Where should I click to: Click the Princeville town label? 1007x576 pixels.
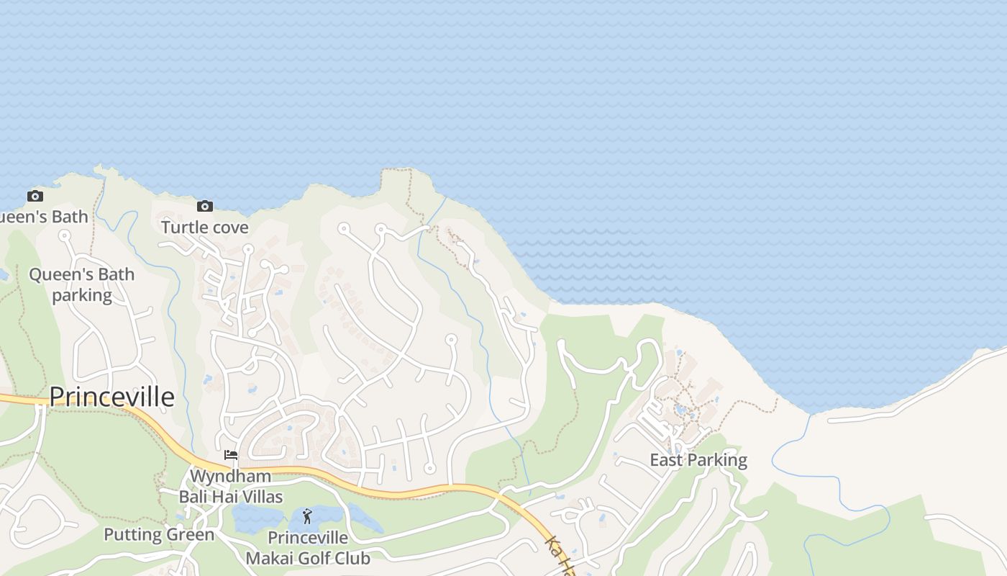click(x=111, y=397)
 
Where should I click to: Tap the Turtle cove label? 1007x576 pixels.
click(x=204, y=228)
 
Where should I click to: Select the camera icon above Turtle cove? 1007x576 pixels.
click(x=205, y=207)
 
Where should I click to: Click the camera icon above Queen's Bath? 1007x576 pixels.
click(x=35, y=196)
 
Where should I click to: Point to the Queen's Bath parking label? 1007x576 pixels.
click(x=81, y=284)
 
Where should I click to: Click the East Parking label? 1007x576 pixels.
click(x=698, y=460)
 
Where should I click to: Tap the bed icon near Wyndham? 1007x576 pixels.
click(x=231, y=454)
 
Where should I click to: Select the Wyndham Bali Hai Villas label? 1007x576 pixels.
click(x=230, y=487)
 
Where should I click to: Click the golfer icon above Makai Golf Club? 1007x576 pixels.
click(x=307, y=516)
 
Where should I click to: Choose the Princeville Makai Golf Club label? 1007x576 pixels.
click(x=308, y=548)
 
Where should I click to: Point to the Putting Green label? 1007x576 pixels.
click(x=159, y=535)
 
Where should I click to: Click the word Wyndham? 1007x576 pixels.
click(x=230, y=477)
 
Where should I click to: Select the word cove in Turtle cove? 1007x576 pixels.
click(x=229, y=228)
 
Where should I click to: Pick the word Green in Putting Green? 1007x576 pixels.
click(x=191, y=535)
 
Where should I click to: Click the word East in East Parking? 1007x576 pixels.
click(x=665, y=460)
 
